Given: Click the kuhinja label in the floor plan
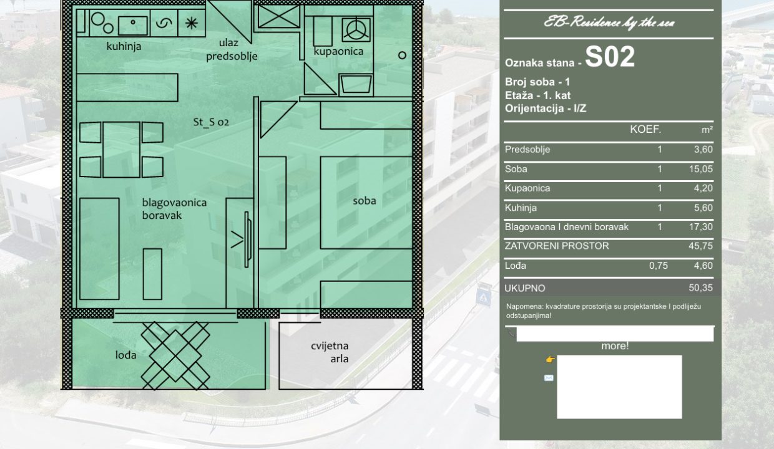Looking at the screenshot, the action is pyautogui.click(x=124, y=46).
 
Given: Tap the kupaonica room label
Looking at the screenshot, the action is pyautogui.click(x=338, y=51).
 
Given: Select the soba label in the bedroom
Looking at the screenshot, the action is pyautogui.click(x=364, y=201).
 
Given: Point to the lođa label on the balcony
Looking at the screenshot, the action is pyautogui.click(x=126, y=355).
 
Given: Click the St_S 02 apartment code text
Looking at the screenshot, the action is pyautogui.click(x=211, y=122).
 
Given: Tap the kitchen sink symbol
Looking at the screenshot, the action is pyautogui.click(x=133, y=25).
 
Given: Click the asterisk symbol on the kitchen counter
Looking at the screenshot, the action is pyautogui.click(x=192, y=23).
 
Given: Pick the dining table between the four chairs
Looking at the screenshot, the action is pyautogui.click(x=121, y=150).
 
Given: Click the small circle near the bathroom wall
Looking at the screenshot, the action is pyautogui.click(x=402, y=56).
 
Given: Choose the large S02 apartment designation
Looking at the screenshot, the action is pyautogui.click(x=610, y=57).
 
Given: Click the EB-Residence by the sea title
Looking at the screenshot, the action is pyautogui.click(x=609, y=23).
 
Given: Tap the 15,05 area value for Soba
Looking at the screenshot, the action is pyautogui.click(x=701, y=169).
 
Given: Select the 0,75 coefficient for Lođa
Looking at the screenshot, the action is pyautogui.click(x=659, y=266).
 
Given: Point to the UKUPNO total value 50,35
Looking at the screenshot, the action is pyautogui.click(x=701, y=288).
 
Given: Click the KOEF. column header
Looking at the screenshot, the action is pyautogui.click(x=645, y=130).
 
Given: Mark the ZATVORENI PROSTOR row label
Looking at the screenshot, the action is pyautogui.click(x=557, y=246).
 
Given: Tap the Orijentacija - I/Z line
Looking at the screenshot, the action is pyautogui.click(x=546, y=109).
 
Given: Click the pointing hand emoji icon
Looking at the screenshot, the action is pyautogui.click(x=550, y=360).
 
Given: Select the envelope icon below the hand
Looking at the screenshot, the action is pyautogui.click(x=549, y=378).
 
